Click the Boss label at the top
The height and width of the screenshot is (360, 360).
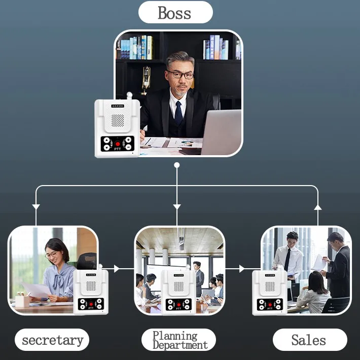[x=175, y=13]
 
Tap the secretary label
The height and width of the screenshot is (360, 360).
[x=52, y=340]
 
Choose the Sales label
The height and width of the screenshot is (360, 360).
[x=309, y=340]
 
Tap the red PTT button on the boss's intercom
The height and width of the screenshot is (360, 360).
[x=117, y=144]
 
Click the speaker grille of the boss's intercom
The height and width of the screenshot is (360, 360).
[x=118, y=120]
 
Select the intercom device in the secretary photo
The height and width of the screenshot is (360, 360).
[x=91, y=291]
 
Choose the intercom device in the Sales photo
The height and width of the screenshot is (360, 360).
[x=269, y=292]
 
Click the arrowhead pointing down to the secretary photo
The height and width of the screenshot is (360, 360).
[x=36, y=206]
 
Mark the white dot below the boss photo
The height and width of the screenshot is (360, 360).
[x=176, y=165]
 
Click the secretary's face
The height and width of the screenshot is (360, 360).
[x=55, y=254]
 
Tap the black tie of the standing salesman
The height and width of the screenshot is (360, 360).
[x=287, y=259]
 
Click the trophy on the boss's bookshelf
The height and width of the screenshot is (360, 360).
[x=146, y=79]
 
